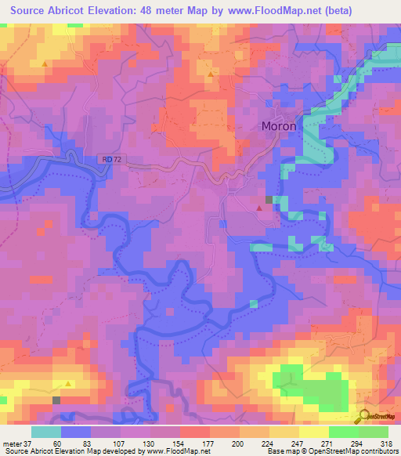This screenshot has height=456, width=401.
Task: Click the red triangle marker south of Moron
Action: pos(259,208)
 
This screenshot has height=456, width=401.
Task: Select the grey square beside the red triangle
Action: pos(269,200)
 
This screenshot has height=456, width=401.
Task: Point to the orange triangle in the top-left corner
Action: pos(45,63)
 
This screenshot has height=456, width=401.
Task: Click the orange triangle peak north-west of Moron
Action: pos(211,74)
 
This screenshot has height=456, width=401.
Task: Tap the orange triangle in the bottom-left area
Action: pos(68,384)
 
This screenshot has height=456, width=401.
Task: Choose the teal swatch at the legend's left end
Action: pos(46,432)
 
